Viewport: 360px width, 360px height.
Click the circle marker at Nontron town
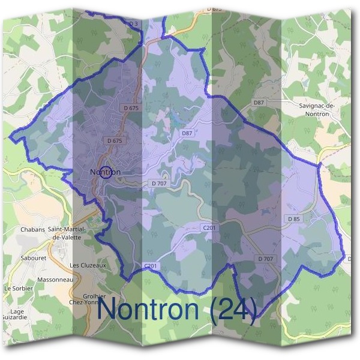[x=105, y=173]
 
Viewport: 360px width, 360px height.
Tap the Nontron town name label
[x=105, y=172]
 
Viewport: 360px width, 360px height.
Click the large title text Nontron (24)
[x=178, y=308]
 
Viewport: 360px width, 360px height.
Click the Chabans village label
[x=33, y=230]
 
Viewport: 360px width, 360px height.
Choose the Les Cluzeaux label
[x=88, y=265]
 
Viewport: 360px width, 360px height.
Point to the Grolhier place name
[x=95, y=296]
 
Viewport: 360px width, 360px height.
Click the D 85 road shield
[x=294, y=219]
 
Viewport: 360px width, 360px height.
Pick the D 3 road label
[x=134, y=23]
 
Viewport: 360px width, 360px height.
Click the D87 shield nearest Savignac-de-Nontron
[x=259, y=103]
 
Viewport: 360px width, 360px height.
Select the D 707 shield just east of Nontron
[x=159, y=183]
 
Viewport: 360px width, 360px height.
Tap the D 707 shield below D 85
[x=265, y=259]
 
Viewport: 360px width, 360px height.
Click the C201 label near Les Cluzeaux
[x=150, y=265]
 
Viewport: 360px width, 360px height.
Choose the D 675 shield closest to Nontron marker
[x=114, y=140]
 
